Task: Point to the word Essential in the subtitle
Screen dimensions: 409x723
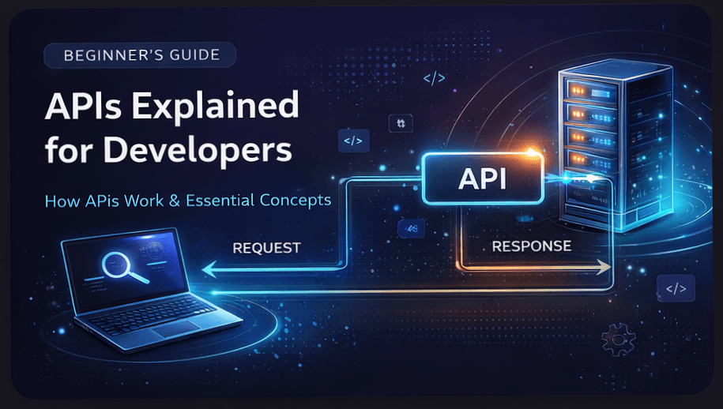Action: [218, 201]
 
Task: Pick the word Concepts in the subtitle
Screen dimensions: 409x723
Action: [295, 201]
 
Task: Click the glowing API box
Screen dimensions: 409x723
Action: [483, 179]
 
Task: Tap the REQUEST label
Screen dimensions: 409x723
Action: [266, 248]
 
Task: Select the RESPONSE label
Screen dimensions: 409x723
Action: [531, 246]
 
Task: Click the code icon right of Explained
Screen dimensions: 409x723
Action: [352, 141]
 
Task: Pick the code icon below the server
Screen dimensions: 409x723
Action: [676, 288]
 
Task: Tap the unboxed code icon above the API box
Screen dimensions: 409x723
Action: [434, 78]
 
